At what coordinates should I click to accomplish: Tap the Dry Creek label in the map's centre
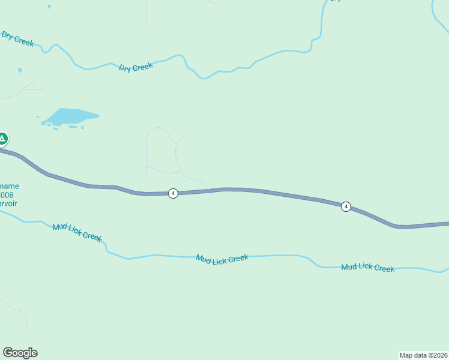136,67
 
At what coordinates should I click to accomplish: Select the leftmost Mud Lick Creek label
77,231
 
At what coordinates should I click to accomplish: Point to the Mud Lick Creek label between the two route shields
221,259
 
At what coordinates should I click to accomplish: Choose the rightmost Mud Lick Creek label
367,268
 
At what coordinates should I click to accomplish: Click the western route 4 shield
173,193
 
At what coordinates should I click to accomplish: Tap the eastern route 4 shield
346,206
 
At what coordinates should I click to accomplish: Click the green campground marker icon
2,139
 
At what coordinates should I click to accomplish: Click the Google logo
20,353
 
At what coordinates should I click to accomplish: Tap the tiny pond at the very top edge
49,7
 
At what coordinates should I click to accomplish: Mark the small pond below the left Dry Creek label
20,70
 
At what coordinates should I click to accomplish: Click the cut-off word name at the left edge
10,187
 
